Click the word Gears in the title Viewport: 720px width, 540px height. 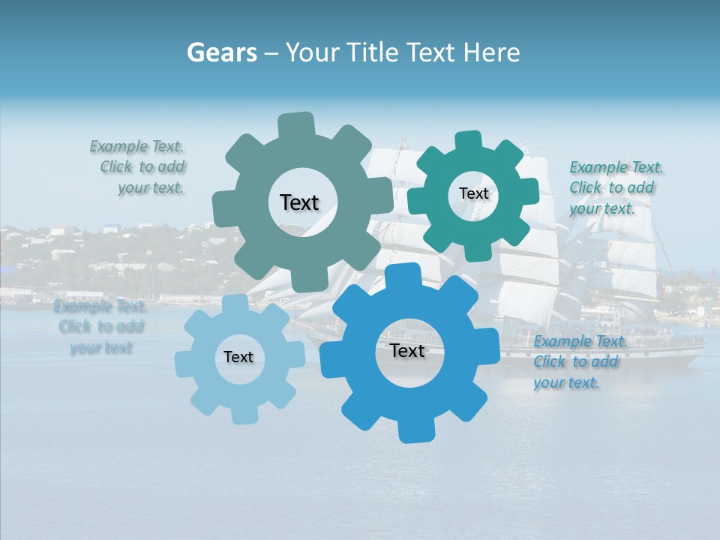tap(221, 52)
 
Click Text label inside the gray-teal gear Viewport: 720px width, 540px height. tap(299, 202)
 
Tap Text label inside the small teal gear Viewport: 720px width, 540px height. tap(473, 193)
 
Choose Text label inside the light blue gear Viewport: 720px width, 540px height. tap(238, 357)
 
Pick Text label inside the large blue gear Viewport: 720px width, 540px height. tap(407, 350)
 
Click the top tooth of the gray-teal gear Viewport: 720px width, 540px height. tap(296, 124)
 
